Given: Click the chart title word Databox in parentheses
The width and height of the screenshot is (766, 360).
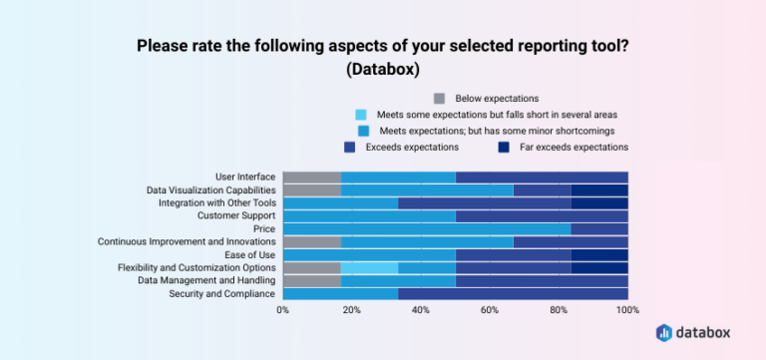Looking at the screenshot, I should pyautogui.click(x=382, y=71).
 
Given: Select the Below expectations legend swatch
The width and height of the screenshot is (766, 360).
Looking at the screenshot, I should pyautogui.click(x=440, y=99).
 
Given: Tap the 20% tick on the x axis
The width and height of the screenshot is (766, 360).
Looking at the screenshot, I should pyautogui.click(x=352, y=310).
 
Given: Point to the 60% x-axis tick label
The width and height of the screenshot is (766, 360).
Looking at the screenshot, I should pyautogui.click(x=490, y=310).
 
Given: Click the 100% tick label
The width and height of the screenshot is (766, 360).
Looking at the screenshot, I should pyautogui.click(x=627, y=310).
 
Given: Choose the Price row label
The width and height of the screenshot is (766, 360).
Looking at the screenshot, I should pyautogui.click(x=264, y=228).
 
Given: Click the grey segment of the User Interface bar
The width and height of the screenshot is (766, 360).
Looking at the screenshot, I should pyautogui.click(x=312, y=178).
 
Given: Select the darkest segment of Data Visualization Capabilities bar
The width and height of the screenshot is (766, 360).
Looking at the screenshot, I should pyautogui.click(x=599, y=189).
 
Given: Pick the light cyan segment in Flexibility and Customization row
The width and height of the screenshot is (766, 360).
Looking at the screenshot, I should pyautogui.click(x=369, y=267).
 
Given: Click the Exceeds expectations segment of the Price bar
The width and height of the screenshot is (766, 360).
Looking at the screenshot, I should pyautogui.click(x=599, y=228).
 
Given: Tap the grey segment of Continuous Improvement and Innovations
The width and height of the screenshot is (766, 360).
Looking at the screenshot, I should pyautogui.click(x=312, y=241).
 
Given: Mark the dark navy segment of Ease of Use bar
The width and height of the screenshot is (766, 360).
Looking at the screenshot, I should pyautogui.click(x=599, y=254).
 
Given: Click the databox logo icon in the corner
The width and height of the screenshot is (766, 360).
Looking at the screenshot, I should pyautogui.click(x=665, y=332).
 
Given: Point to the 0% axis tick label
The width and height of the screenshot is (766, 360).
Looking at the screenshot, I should pyautogui.click(x=283, y=310).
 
